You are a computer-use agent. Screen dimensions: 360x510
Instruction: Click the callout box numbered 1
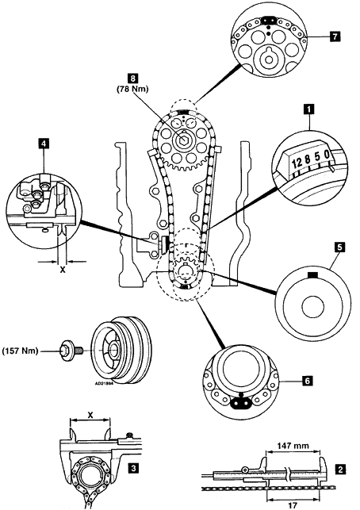pos(308,109)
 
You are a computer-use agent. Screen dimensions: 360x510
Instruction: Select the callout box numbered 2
pos(340,470)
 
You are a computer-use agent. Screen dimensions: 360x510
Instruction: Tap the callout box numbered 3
pos(132,469)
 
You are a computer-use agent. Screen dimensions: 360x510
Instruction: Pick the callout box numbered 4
pos(44,144)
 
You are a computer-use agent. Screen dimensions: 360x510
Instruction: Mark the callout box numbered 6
pos(307,380)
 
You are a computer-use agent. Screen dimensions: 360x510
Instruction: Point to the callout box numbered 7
pos(335,36)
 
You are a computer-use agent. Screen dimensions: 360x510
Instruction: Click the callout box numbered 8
pos(132,79)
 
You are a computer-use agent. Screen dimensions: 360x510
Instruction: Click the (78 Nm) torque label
pos(132,89)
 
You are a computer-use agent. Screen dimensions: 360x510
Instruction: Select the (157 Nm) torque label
pos(20,351)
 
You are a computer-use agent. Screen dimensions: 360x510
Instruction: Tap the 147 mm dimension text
pos(293,445)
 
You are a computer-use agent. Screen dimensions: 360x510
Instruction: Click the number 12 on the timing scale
pos(297,163)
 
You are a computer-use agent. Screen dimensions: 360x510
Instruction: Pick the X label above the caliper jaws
pos(90,415)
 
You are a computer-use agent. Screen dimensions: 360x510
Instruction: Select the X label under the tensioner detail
pos(62,270)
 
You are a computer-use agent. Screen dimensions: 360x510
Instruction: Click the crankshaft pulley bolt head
pos(66,351)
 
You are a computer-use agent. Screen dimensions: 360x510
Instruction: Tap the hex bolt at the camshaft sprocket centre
pos(183,140)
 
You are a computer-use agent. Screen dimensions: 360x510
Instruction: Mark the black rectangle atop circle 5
pos(312,275)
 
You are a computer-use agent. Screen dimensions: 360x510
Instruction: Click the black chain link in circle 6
pos(240,404)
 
